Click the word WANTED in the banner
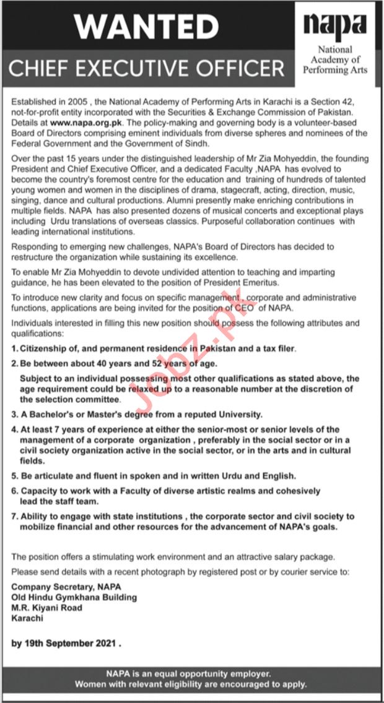coord(147,26)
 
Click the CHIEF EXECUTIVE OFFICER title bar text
coord(147,68)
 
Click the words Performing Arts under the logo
coord(335,71)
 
